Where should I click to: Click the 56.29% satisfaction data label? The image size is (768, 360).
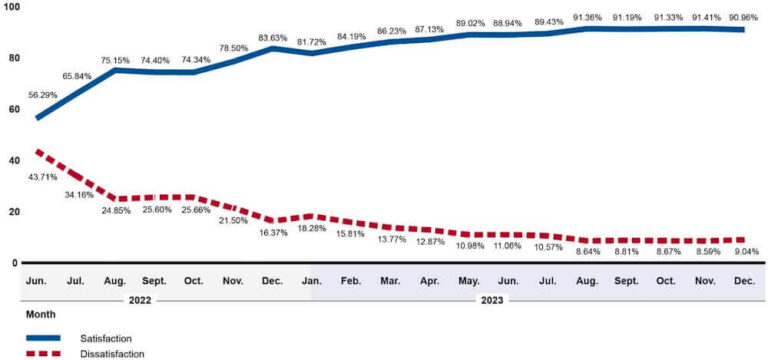42,95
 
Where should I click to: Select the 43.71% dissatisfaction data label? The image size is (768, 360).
42,176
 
